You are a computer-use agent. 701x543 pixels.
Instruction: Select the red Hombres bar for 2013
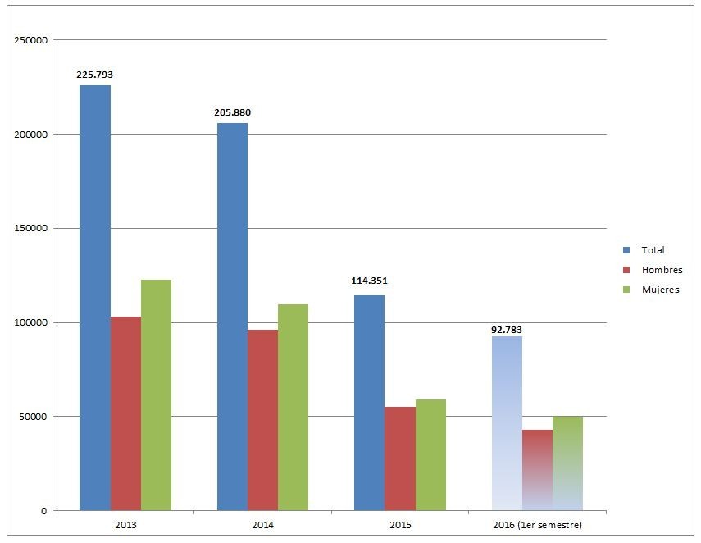(125, 413)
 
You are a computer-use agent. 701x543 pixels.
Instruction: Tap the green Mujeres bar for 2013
(156, 395)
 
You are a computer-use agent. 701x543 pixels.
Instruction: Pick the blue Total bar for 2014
(232, 317)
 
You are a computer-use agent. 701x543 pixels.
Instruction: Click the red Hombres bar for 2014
(262, 420)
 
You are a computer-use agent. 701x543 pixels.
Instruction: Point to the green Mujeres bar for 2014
(293, 408)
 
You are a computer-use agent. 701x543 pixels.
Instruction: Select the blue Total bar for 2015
(369, 403)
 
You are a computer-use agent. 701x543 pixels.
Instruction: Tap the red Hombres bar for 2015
(399, 459)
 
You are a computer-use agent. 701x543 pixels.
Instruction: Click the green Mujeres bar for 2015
(430, 455)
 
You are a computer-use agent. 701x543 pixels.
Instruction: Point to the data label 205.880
(232, 112)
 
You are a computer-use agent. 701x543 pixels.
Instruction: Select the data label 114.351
(369, 281)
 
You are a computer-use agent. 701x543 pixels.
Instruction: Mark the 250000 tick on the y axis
(31, 40)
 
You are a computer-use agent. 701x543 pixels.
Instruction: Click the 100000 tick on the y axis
(31, 322)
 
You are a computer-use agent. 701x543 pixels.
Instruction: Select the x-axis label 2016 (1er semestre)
(537, 525)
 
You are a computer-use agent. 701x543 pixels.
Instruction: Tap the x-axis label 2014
(262, 525)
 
